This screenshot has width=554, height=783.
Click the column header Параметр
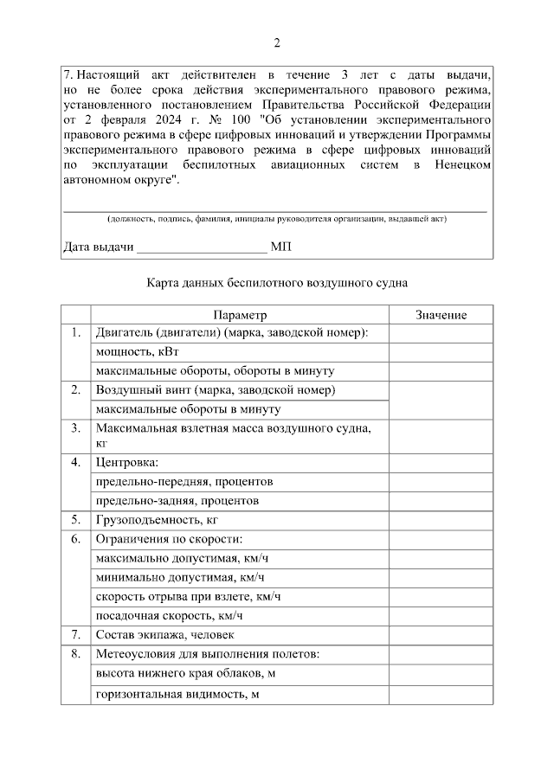tap(240, 315)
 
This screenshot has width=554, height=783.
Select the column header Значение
tap(441, 315)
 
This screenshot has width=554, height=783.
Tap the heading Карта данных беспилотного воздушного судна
tap(277, 283)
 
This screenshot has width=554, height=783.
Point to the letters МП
tap(281, 247)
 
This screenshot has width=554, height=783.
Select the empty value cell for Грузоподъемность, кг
tap(441, 520)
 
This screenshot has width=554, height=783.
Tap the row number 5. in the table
tap(76, 520)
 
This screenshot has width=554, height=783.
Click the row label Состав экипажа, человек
tap(166, 635)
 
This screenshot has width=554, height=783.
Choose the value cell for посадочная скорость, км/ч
tap(441, 616)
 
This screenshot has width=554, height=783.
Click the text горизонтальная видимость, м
tap(178, 694)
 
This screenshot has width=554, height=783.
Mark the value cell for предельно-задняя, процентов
tap(441, 501)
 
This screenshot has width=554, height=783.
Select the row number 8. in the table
tap(76, 654)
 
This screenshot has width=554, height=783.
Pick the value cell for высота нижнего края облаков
tap(441, 674)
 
